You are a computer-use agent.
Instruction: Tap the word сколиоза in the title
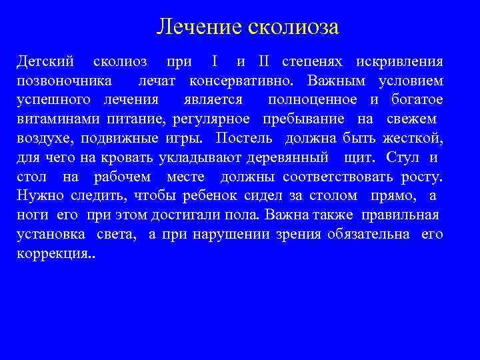click(x=294, y=27)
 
